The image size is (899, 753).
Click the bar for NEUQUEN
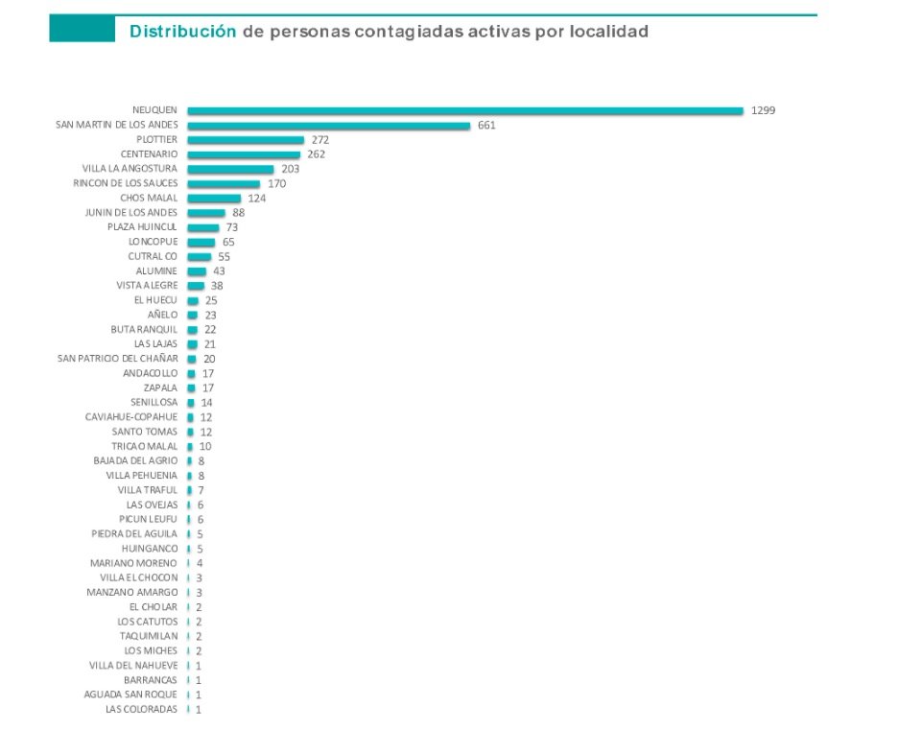point(465,110)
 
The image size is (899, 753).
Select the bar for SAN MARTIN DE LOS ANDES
point(328,125)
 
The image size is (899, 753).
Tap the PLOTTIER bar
point(246,140)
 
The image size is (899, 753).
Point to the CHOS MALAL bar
point(214,199)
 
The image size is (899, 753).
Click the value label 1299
point(763,110)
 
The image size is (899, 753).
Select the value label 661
point(485,125)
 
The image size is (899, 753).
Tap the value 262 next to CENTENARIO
point(317,154)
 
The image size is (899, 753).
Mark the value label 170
point(276,183)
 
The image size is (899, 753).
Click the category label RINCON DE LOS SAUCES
point(125,183)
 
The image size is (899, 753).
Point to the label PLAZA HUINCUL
point(143,227)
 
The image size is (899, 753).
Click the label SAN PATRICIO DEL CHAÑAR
point(118,359)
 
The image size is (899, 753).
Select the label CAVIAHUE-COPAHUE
point(130,417)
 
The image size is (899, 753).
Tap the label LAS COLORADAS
point(141,710)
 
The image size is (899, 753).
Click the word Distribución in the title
point(182,32)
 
